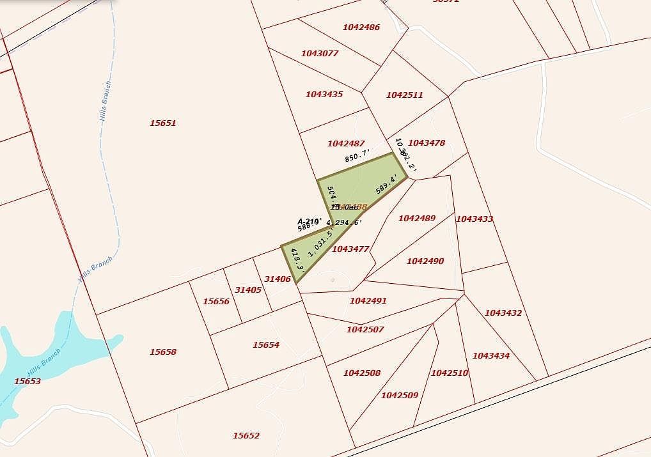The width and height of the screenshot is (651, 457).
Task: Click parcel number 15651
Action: click(x=162, y=123)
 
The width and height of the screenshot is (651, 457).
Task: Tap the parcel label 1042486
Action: click(x=361, y=27)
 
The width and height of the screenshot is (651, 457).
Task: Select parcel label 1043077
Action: click(x=319, y=54)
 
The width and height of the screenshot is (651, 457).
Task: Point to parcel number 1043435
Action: click(x=324, y=95)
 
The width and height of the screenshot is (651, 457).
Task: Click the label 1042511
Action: click(x=404, y=95)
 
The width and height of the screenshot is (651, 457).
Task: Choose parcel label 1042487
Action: click(x=345, y=144)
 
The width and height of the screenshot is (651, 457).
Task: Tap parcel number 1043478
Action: click(x=426, y=143)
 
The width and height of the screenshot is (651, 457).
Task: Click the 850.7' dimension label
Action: click(x=357, y=155)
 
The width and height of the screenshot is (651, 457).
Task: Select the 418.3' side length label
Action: click(x=297, y=261)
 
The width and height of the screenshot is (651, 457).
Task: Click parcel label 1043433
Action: click(x=474, y=219)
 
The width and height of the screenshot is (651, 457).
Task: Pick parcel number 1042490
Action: click(x=425, y=261)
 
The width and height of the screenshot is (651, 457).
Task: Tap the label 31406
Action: click(x=278, y=279)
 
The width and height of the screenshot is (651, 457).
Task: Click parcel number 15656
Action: click(x=216, y=302)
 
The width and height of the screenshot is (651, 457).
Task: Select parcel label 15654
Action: click(x=265, y=345)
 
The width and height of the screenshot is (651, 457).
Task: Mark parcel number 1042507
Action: click(x=365, y=330)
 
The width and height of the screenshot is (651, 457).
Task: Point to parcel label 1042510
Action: click(x=449, y=373)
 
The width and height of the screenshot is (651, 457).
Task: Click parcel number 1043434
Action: click(x=490, y=356)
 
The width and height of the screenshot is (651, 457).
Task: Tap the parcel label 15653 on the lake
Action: click(x=27, y=382)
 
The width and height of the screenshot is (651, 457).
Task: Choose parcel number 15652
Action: click(x=246, y=436)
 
